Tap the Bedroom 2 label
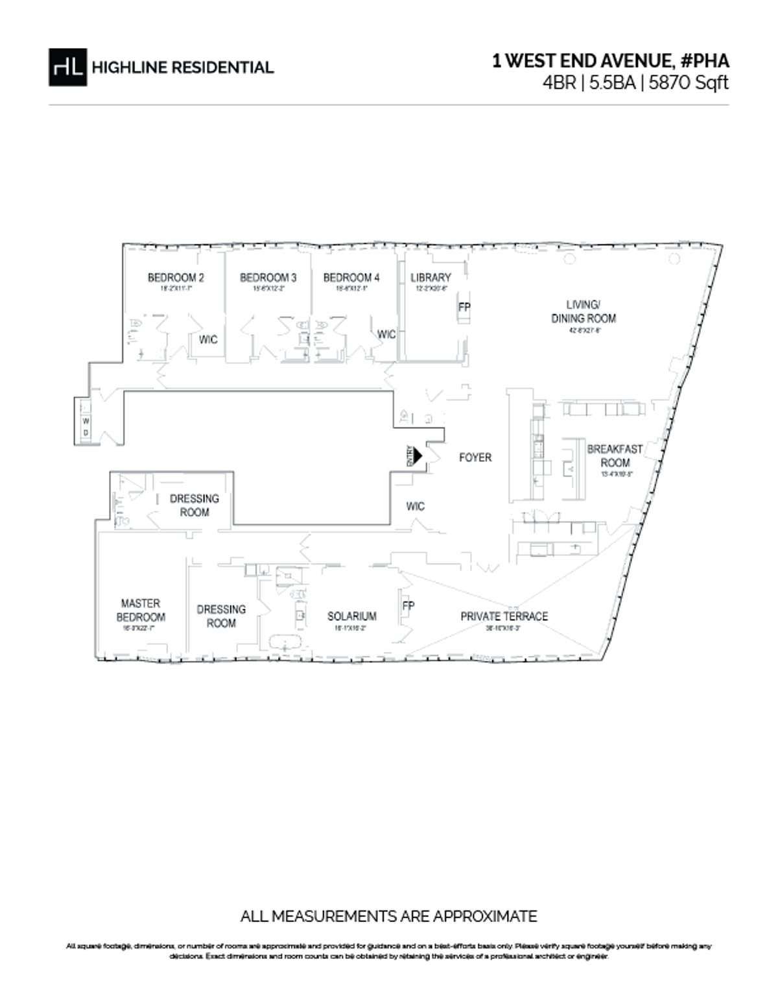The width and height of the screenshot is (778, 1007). tap(176, 278)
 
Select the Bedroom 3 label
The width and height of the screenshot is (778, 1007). tap(268, 278)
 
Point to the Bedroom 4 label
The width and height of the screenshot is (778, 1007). tap(351, 278)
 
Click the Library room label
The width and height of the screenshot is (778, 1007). tap(430, 278)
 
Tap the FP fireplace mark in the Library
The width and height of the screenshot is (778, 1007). tap(464, 307)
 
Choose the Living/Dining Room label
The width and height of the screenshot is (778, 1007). tap(583, 311)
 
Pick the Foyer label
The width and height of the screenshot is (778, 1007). tap(475, 457)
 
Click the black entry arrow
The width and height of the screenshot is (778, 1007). tap(418, 455)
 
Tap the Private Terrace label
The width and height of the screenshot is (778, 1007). tap(504, 616)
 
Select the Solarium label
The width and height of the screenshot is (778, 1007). tap(351, 616)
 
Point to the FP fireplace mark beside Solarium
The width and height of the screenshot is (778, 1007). tap(408, 606)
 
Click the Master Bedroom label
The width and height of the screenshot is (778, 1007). tap(141, 611)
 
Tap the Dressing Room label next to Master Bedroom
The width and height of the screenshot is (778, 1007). tap(221, 616)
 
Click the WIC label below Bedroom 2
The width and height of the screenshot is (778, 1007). tap(207, 339)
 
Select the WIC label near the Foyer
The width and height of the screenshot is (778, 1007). tap(416, 506)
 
